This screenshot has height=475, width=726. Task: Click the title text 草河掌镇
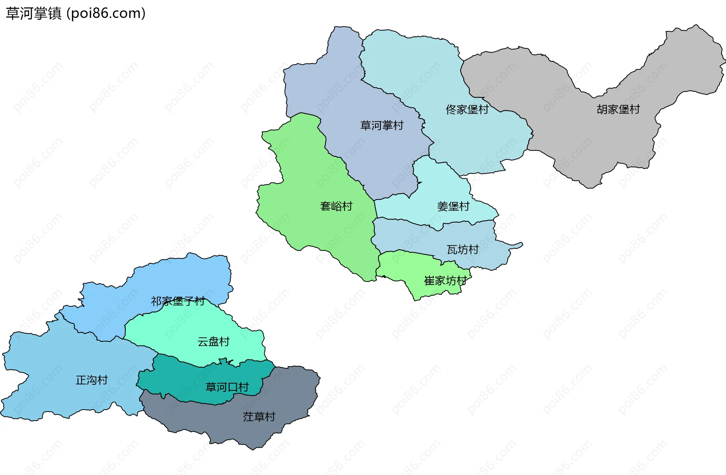[33, 13]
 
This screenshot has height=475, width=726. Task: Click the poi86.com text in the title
[106, 13]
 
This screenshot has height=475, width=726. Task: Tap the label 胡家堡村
[618, 110]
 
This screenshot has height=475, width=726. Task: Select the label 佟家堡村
[467, 110]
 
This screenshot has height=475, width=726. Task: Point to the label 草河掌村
[382, 125]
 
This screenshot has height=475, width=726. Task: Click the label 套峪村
[336, 206]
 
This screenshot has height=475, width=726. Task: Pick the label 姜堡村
[453, 206]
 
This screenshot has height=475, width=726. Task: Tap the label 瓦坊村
[463, 250]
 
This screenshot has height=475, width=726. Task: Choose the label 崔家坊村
[445, 281]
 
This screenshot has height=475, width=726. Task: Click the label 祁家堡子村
[178, 301]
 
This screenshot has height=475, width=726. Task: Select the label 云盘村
[213, 342]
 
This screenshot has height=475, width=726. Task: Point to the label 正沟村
[92, 380]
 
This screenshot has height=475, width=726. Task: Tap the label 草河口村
[227, 387]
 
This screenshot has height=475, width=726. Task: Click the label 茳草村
[259, 417]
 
